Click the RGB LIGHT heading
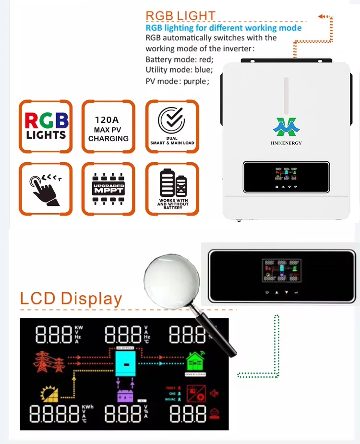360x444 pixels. click(180, 16)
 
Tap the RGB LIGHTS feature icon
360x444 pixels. click(46, 126)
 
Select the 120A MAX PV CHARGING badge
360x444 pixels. click(108, 126)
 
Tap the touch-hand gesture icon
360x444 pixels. click(46, 190)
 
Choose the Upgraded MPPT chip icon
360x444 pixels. click(108, 189)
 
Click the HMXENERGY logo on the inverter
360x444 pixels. click(287, 130)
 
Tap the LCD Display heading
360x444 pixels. click(71, 298)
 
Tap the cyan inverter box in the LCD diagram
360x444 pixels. click(126, 364)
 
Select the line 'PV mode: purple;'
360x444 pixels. click(177, 81)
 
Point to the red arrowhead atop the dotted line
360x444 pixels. click(320, 17)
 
